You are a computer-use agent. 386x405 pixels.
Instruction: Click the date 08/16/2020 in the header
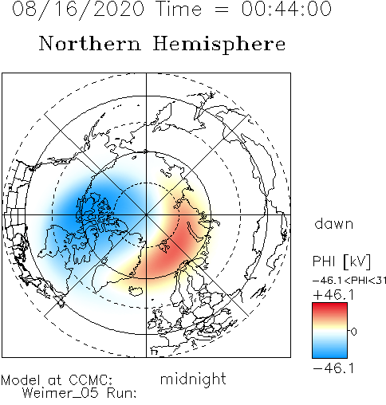click(78, 10)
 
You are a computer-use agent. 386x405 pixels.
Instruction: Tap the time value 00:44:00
click(286, 9)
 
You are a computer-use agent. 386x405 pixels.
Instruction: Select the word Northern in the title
click(90, 43)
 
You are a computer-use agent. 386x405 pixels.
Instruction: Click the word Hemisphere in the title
click(219, 44)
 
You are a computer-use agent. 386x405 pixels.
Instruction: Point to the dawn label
click(334, 223)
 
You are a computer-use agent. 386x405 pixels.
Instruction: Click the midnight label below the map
click(193, 379)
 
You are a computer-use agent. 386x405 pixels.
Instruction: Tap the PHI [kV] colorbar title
click(341, 261)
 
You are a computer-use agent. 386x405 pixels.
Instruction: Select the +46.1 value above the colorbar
click(333, 295)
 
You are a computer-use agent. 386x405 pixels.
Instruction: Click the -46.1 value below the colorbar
click(333, 368)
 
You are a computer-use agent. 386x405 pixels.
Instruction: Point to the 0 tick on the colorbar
click(353, 332)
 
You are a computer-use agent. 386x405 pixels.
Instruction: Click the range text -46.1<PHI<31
click(349, 281)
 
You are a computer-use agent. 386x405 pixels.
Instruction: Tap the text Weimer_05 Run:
click(79, 393)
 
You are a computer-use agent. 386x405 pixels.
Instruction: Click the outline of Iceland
click(136, 290)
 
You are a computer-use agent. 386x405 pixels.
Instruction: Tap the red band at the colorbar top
click(329, 309)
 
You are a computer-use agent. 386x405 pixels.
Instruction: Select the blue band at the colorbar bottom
click(329, 352)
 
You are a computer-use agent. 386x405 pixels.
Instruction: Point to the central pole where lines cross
click(146, 214)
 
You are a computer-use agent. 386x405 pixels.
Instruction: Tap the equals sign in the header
click(221, 10)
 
